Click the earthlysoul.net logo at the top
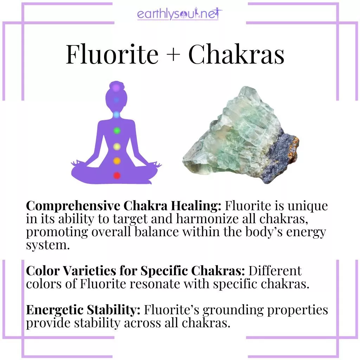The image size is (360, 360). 180,15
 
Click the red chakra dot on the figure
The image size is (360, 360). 117,175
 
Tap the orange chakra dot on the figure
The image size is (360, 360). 117,161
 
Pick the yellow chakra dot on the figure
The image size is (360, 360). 117,146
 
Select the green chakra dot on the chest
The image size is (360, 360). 117,131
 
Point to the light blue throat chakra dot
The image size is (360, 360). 117,115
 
